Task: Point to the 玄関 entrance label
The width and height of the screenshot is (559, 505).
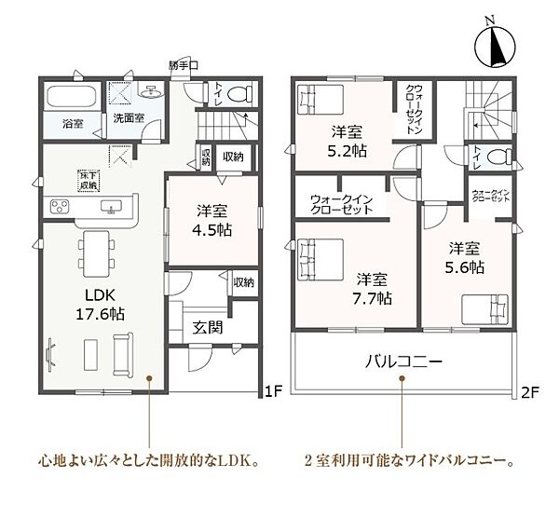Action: click(x=208, y=327)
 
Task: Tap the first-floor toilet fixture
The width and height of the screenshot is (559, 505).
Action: click(x=241, y=93)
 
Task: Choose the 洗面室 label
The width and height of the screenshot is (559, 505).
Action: click(x=129, y=120)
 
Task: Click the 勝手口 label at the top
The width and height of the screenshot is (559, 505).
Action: click(x=184, y=66)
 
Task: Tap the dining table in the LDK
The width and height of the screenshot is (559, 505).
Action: click(x=93, y=252)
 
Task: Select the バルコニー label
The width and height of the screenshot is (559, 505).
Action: click(x=402, y=362)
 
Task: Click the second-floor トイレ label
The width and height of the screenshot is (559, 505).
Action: click(x=477, y=157)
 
